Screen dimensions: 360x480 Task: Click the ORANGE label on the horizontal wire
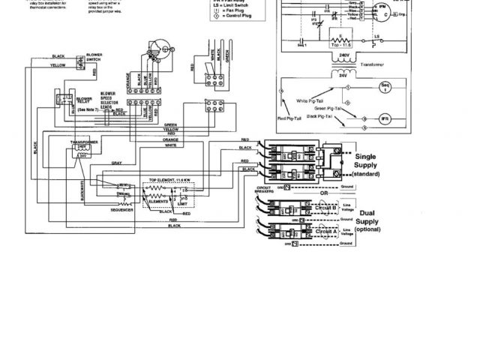[x=171, y=139]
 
